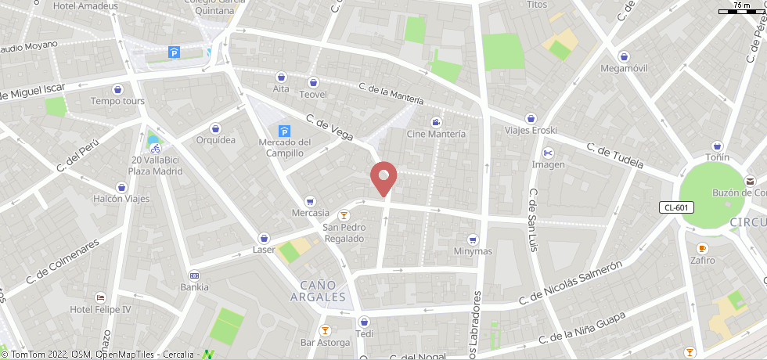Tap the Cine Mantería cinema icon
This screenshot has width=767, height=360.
click(436, 121)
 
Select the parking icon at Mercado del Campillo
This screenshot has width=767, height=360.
click(284, 131)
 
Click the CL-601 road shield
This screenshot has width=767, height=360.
click(675, 207)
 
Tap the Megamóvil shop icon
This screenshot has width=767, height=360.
click(624, 56)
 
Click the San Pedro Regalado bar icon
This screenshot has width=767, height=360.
click(343, 215)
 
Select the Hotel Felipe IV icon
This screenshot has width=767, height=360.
click(100, 297)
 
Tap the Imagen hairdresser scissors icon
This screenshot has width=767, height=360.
click(548, 152)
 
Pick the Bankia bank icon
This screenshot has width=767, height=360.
click(194, 275)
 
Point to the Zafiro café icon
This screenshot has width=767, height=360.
click(702, 248)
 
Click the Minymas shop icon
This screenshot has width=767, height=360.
click(473, 239)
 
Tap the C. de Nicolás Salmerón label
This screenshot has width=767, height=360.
click(571, 283)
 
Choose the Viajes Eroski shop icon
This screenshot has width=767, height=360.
click(531, 118)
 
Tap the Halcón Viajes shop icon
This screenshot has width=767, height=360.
click(122, 187)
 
